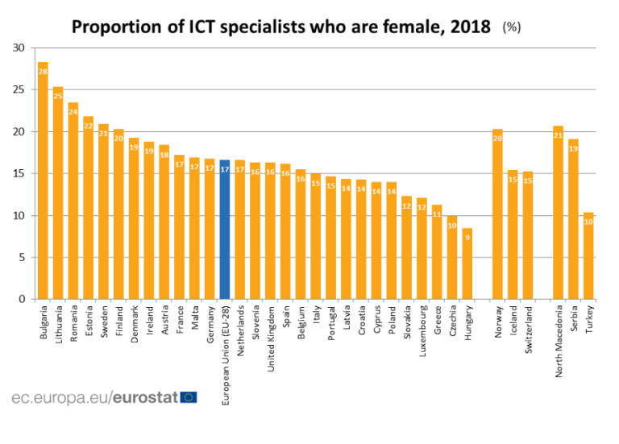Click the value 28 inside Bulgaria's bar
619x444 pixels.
(x=43, y=73)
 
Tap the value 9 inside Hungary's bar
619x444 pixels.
(x=467, y=238)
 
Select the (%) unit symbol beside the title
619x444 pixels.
(x=512, y=27)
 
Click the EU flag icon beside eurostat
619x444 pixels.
(x=189, y=396)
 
